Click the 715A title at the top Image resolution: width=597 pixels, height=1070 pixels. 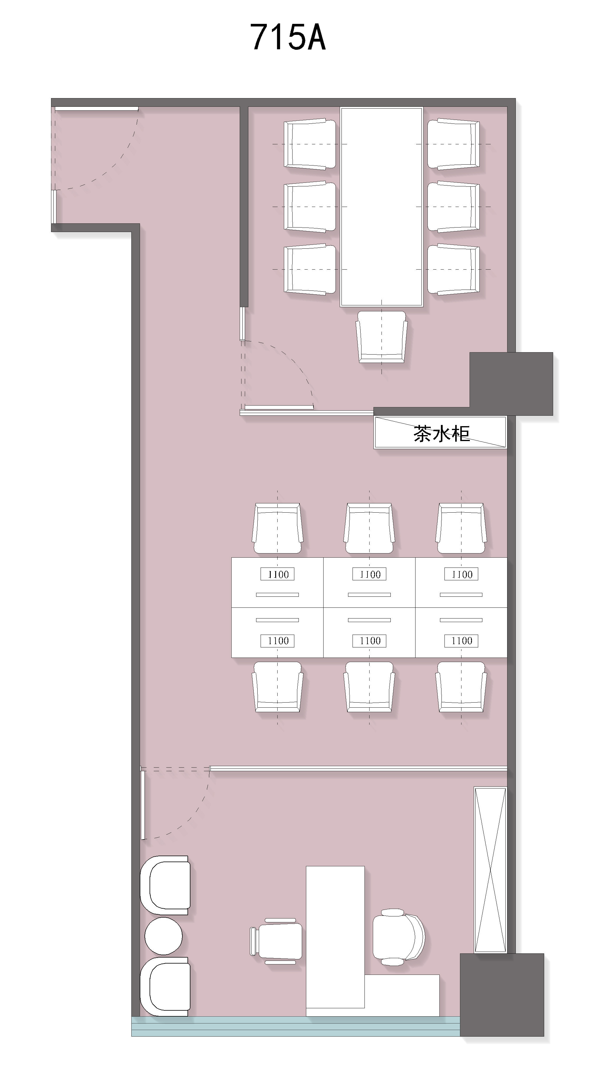pyautogui.click(x=288, y=37)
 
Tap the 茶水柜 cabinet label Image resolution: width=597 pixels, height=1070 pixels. pyautogui.click(x=441, y=433)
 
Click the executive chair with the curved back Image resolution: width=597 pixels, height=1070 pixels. pyautogui.click(x=398, y=937)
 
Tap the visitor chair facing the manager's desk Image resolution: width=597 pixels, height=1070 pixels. pyautogui.click(x=276, y=941)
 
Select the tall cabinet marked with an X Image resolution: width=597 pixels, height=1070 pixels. pyautogui.click(x=490, y=869)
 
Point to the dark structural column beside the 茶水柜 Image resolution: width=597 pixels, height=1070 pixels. pyautogui.click(x=511, y=384)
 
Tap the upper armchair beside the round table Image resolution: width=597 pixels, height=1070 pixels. pyautogui.click(x=165, y=885)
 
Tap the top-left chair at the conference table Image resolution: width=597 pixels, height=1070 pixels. pyautogui.click(x=310, y=144)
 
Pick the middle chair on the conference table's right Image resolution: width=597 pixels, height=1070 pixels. pyautogui.click(x=453, y=206)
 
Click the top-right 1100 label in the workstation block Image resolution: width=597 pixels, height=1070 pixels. pyautogui.click(x=461, y=574)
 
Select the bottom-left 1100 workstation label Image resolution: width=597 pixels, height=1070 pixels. pyautogui.click(x=277, y=641)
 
